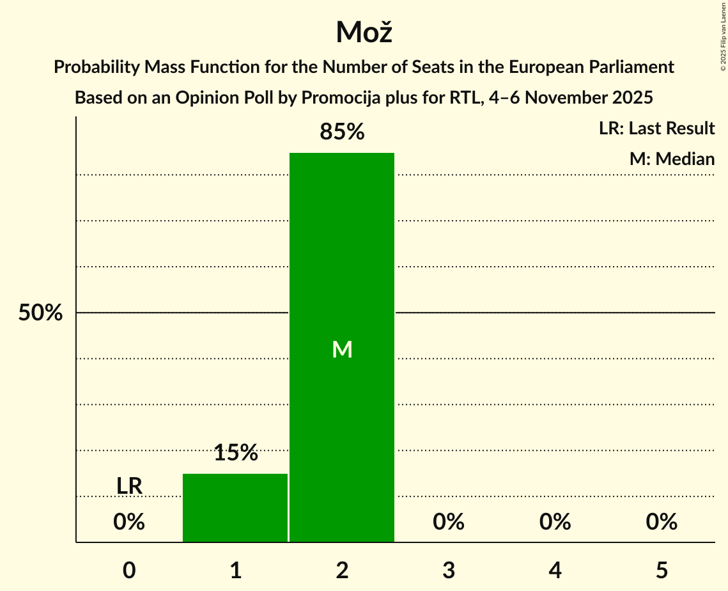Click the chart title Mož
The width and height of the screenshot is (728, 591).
tap(364, 32)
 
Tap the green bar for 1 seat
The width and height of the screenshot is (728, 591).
tap(235, 508)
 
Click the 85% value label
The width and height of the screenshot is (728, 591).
tap(342, 132)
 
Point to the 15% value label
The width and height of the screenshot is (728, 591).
tap(235, 453)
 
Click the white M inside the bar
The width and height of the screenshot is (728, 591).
tap(342, 349)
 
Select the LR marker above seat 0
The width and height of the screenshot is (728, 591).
tap(129, 486)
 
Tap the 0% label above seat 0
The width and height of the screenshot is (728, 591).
tap(129, 522)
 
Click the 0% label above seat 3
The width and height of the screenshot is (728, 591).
tap(449, 522)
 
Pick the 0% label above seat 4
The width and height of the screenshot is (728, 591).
tap(555, 522)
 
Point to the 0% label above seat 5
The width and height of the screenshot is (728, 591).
tap(662, 522)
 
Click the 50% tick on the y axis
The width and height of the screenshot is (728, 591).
tap(40, 313)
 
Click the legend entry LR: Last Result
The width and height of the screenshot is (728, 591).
tap(656, 129)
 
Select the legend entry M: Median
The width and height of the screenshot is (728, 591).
tap(672, 159)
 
